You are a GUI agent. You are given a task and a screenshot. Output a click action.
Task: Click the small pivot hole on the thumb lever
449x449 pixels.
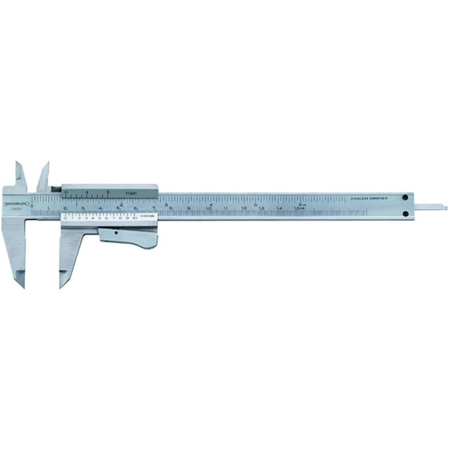coord(116,233)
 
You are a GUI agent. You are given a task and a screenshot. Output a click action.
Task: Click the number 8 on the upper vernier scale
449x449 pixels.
coord(108,192)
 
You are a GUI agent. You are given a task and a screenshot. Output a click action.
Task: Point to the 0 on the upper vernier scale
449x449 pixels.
coord(66,192)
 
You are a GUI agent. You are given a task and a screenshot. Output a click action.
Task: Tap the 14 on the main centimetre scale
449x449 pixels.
coord(280,208)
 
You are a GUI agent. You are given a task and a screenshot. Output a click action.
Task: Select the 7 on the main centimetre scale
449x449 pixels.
coord(154,207)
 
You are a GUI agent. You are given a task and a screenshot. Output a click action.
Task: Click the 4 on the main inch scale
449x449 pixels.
coord(211,198)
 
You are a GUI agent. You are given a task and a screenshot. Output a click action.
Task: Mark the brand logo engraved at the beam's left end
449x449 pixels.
coord(16,203)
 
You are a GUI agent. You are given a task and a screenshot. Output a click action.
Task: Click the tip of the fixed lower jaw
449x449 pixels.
coord(21,286)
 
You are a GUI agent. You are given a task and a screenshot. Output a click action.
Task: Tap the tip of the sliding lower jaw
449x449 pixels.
coord(62,286)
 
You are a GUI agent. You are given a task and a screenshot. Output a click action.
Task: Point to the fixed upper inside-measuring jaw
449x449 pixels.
coord(20,173)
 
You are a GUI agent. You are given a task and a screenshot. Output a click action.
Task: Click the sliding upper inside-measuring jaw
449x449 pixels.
coord(44,174)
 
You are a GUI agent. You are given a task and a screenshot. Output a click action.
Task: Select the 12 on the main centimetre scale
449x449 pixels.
coord(244,208)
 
